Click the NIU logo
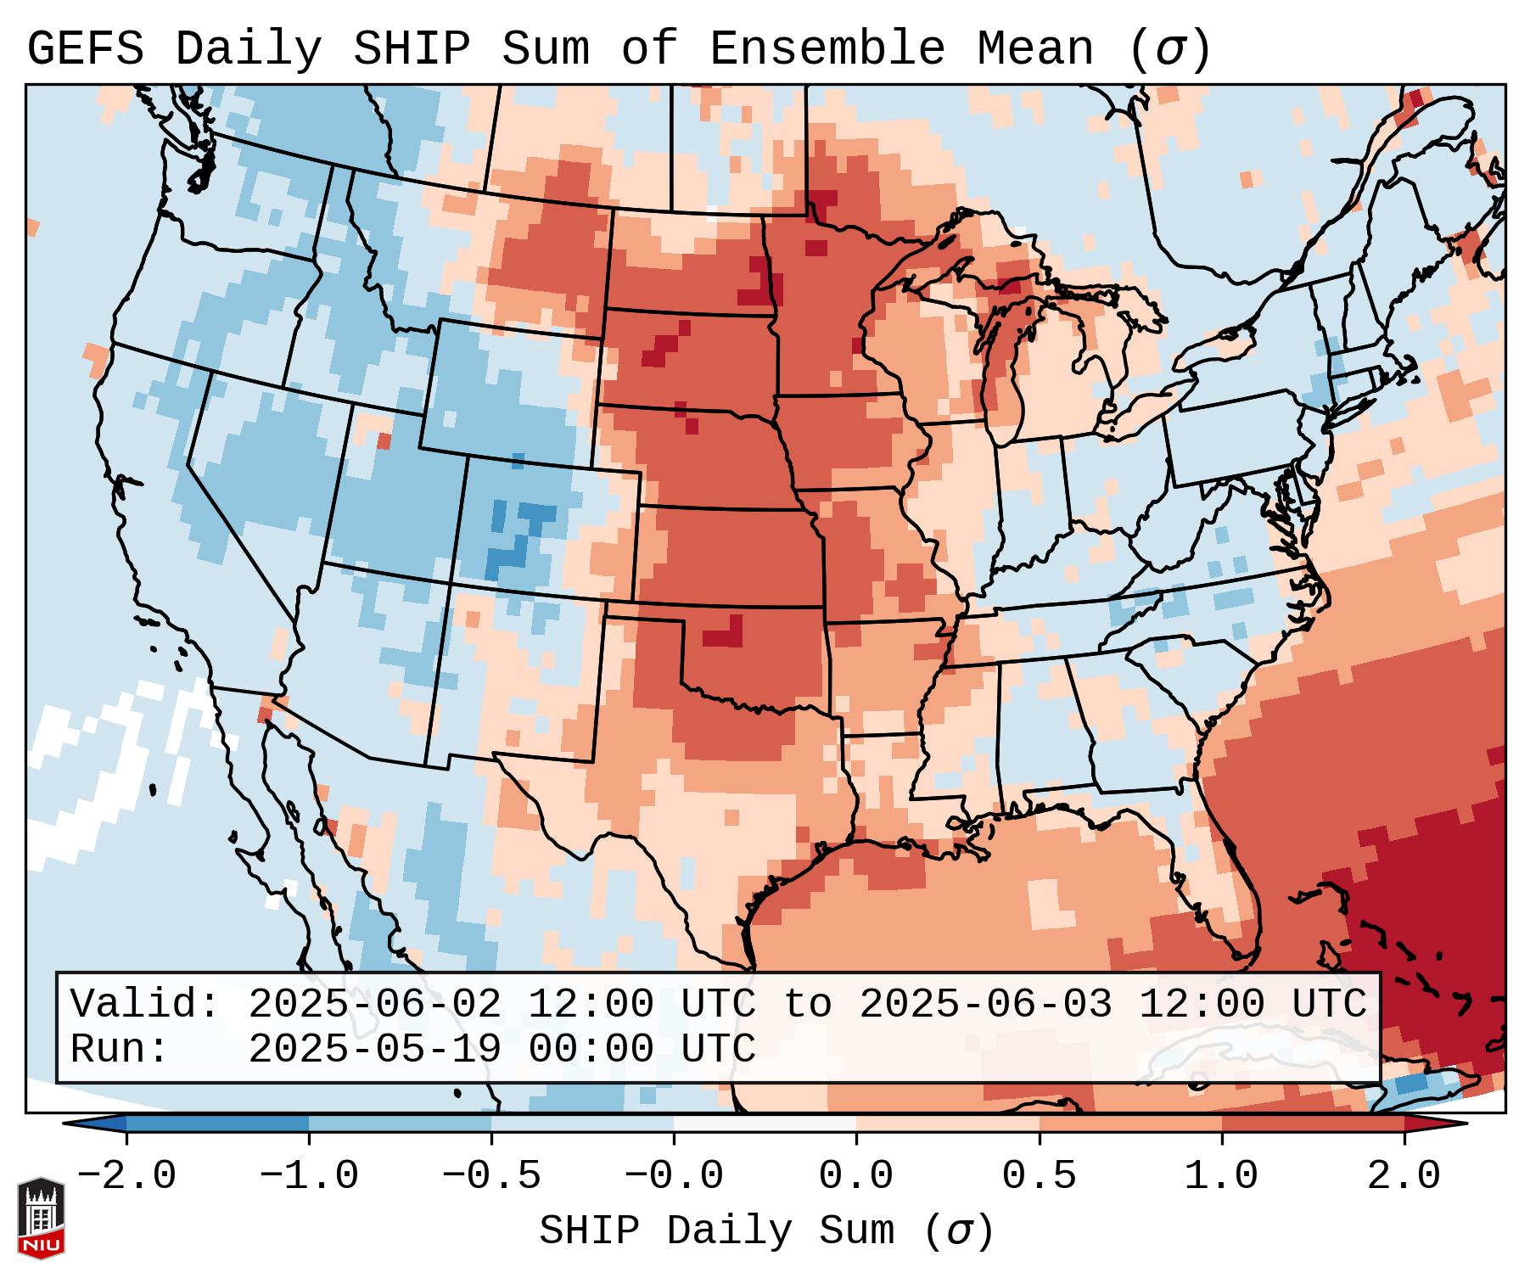click(x=41, y=1217)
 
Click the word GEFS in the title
click(x=85, y=49)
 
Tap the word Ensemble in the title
click(x=827, y=49)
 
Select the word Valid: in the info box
click(x=145, y=1004)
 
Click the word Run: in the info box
click(x=119, y=1049)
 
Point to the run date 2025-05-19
click(x=374, y=1049)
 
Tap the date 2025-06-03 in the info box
click(x=985, y=1004)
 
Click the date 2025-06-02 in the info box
click(x=374, y=1004)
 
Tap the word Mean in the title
click(x=1035, y=49)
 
